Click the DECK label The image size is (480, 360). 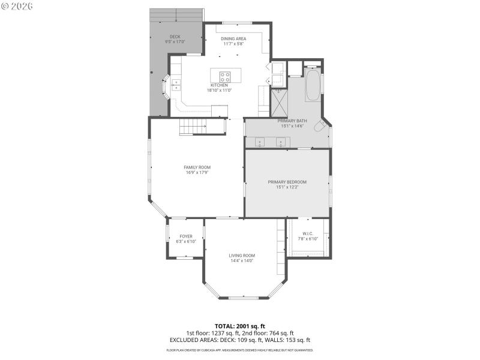175,37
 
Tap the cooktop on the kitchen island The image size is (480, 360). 225,77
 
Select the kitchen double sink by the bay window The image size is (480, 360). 176,85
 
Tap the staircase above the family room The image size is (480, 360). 193,127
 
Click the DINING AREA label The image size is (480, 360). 233,38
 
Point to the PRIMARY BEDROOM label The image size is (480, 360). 287,182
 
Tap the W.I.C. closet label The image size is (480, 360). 307,233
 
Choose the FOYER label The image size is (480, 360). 186,236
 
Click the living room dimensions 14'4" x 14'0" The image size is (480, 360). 242,260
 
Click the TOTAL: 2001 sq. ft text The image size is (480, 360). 239,326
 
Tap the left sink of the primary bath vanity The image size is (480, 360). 260,143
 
